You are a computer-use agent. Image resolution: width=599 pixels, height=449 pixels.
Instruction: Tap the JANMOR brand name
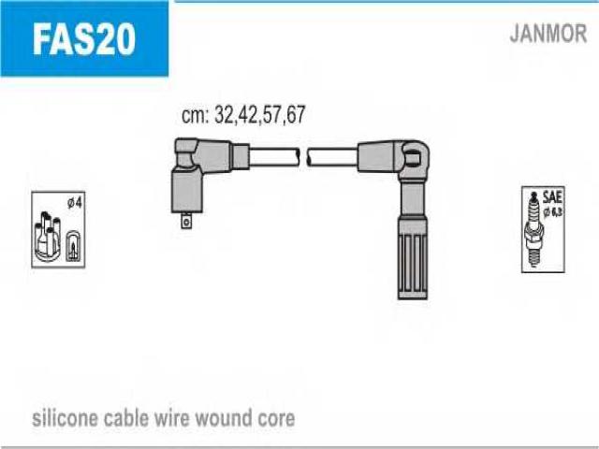(x=548, y=35)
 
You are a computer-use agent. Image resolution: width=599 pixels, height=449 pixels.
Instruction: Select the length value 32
(x=225, y=115)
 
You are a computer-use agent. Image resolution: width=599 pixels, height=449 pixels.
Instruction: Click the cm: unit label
(x=195, y=115)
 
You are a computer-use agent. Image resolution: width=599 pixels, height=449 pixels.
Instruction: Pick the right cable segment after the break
(x=332, y=156)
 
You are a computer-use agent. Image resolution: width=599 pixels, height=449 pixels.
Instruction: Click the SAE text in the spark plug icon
(x=554, y=196)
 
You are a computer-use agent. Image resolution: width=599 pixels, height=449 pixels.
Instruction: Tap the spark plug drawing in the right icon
(x=536, y=229)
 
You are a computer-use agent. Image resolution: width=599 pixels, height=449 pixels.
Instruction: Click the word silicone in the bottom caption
(x=65, y=417)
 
